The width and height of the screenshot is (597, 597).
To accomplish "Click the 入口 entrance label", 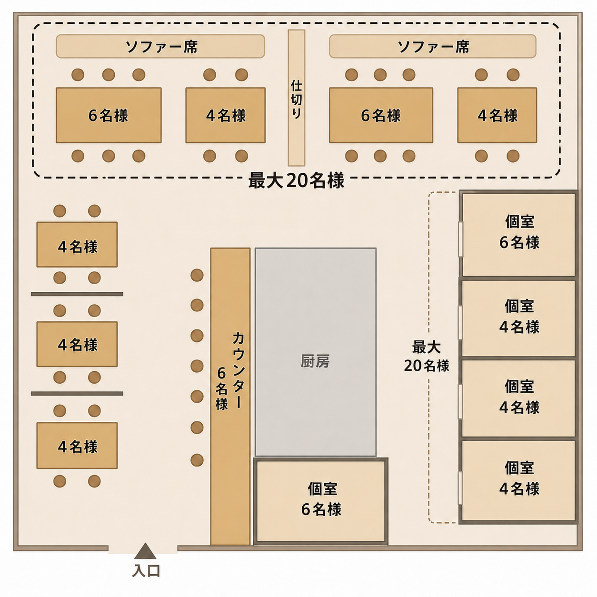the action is pos(146,571).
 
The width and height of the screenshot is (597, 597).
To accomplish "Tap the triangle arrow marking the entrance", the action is pos(145,551).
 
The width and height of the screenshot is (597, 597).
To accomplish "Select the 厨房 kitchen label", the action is pos(315,361).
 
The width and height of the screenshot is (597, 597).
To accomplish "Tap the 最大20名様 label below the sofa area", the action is pos(296,180).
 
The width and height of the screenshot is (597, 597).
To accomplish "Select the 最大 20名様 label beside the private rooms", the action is pos(427,357).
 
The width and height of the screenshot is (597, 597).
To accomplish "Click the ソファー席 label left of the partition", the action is pos(161,47).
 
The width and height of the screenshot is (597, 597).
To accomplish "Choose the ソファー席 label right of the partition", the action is pos(433,47).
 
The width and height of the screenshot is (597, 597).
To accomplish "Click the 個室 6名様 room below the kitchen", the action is pos(321,501).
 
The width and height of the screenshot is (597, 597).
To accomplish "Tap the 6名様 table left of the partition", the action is pos(109,115).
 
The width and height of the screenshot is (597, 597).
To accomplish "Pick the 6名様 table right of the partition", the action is pos(381,115).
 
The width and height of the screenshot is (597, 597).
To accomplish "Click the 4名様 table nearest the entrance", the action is pos(77,446).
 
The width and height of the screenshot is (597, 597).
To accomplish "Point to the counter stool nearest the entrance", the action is pos(197,460).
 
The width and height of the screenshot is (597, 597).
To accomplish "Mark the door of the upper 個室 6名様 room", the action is pos(460,239).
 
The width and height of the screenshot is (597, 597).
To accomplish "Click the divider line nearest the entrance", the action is pos(77,393).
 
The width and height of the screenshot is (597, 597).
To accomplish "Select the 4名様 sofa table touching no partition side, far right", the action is pos(497,115).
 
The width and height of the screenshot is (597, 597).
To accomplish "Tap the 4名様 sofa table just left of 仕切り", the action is pos(226,115).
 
